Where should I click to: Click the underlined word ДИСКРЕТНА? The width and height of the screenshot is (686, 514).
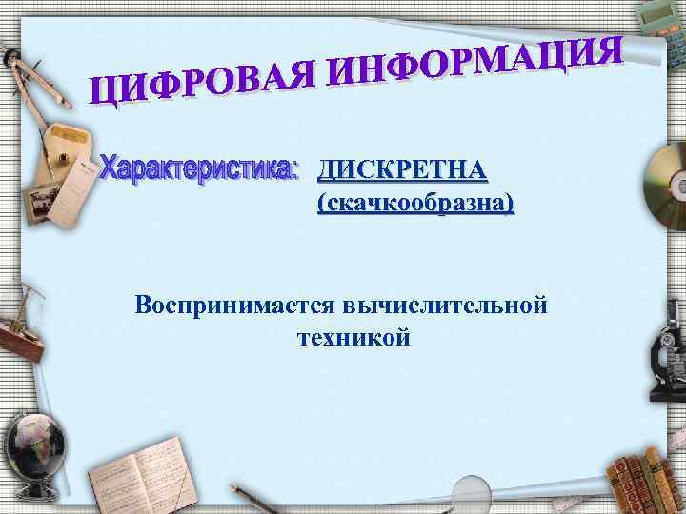403,170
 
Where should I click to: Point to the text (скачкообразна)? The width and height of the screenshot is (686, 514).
414,204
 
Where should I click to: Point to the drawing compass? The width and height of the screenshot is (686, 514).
33,95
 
